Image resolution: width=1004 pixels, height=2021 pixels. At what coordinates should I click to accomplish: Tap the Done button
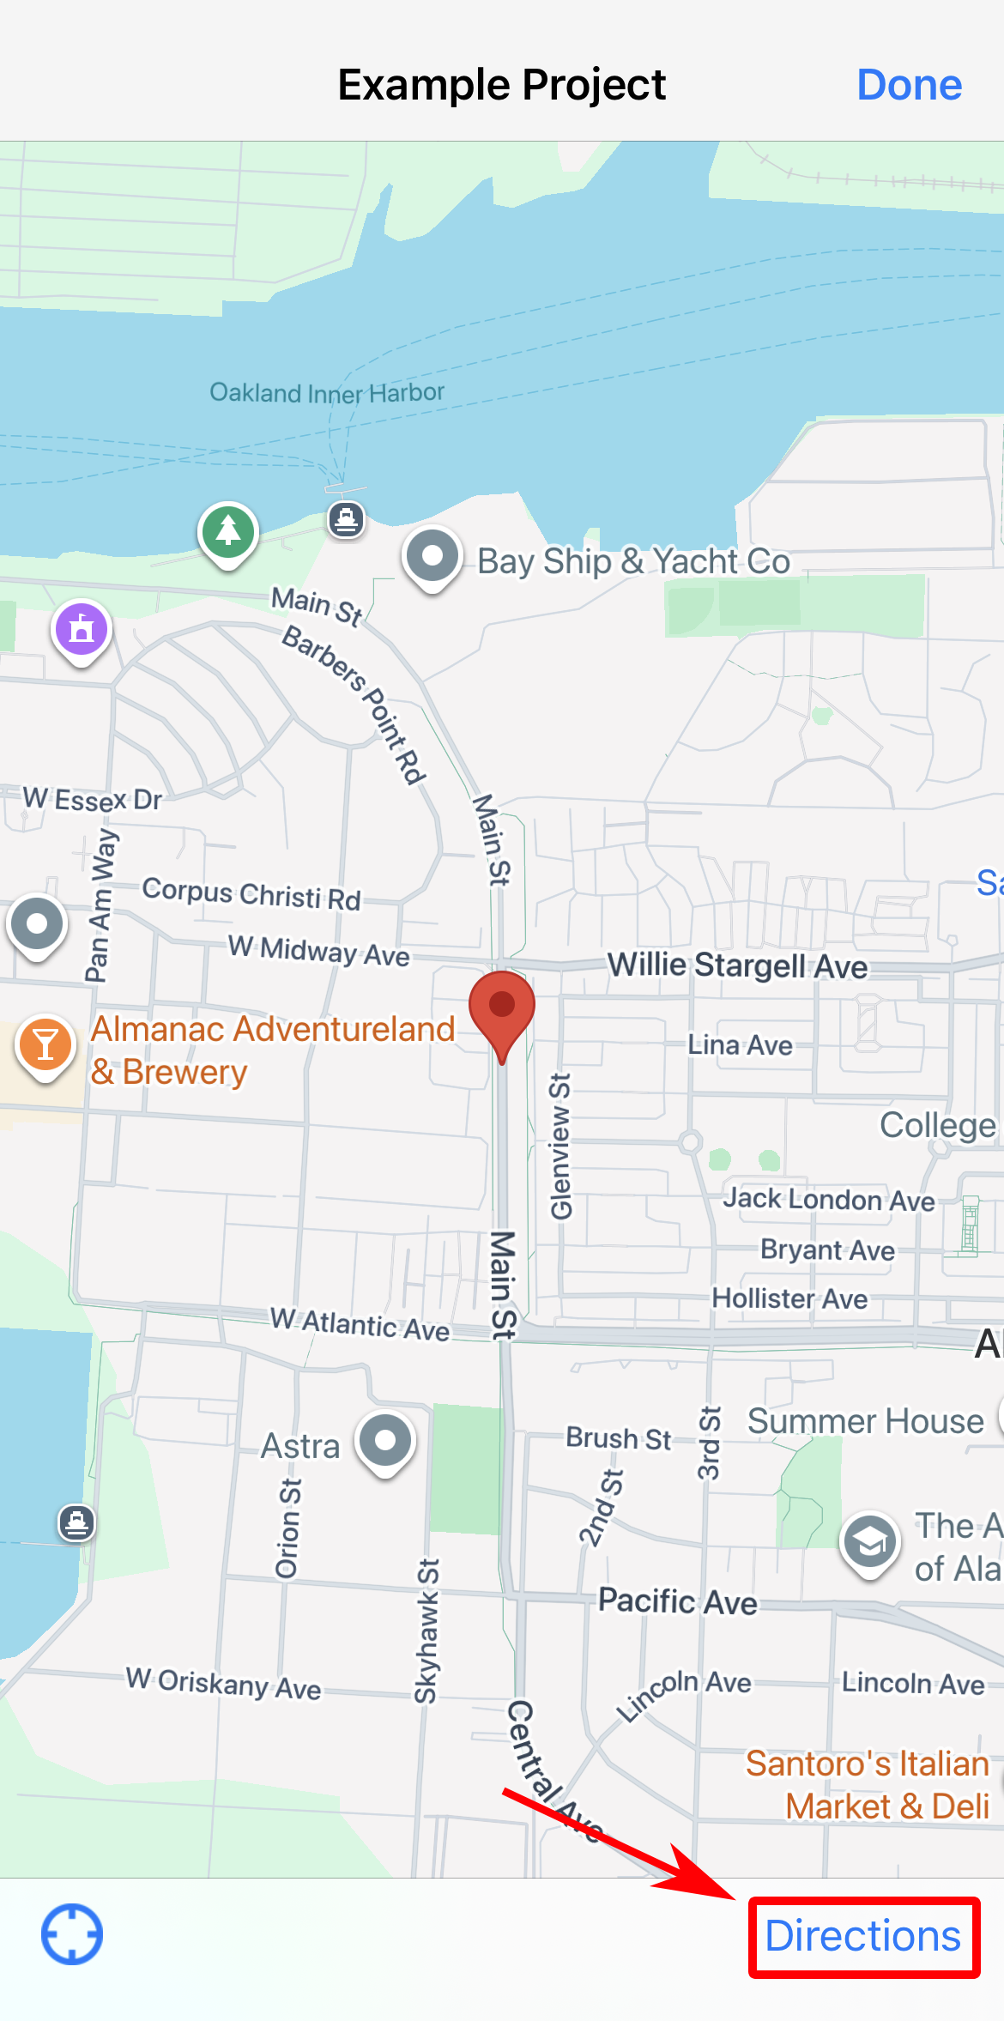tap(909, 85)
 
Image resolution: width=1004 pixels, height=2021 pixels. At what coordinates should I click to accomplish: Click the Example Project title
tap(501, 85)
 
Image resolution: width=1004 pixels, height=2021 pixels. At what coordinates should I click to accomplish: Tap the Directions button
tap(863, 1936)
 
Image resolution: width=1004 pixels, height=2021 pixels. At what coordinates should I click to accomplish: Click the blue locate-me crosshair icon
tap(72, 1934)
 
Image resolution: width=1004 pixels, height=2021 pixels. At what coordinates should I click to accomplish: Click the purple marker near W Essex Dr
tap(82, 629)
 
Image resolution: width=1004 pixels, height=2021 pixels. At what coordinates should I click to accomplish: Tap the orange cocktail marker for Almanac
tap(45, 1045)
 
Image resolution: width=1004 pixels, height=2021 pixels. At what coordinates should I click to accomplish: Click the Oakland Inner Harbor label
tap(327, 393)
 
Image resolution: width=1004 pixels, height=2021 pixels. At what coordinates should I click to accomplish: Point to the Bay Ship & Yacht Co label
tap(633, 562)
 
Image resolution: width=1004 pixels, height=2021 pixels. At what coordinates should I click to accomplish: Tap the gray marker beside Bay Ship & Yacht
tap(432, 556)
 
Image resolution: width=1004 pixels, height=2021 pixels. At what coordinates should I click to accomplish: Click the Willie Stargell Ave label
tap(738, 965)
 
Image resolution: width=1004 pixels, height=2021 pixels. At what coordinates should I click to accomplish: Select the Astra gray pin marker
tap(386, 1440)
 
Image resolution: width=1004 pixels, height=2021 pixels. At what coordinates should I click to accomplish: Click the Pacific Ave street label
tap(678, 1601)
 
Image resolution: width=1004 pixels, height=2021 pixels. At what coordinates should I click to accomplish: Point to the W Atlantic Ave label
tap(360, 1323)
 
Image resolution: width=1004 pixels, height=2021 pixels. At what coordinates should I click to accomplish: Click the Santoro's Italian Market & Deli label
tap(868, 1785)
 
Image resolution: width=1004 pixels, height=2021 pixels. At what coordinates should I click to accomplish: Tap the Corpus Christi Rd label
tap(251, 893)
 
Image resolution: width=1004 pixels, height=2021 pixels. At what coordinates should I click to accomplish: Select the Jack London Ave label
tap(828, 1199)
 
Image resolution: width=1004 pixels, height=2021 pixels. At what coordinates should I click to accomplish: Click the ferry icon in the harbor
tap(347, 519)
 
